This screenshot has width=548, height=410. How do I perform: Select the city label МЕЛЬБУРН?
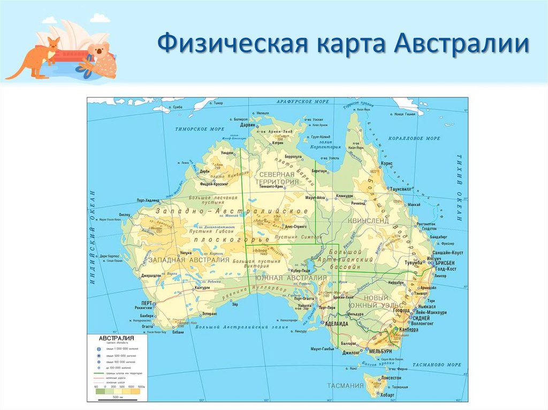[380, 351]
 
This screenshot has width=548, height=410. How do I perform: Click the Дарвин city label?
[247, 125]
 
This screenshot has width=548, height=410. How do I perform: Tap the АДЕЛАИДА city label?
[337, 324]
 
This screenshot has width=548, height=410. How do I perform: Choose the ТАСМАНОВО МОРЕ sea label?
[436, 365]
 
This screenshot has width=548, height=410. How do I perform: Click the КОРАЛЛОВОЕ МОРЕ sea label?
[415, 138]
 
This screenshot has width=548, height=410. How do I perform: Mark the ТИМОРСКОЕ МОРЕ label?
[201, 129]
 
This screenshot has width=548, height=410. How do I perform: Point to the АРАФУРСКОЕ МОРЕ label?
[302, 101]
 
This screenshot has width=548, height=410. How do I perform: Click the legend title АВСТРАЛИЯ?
[116, 338]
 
